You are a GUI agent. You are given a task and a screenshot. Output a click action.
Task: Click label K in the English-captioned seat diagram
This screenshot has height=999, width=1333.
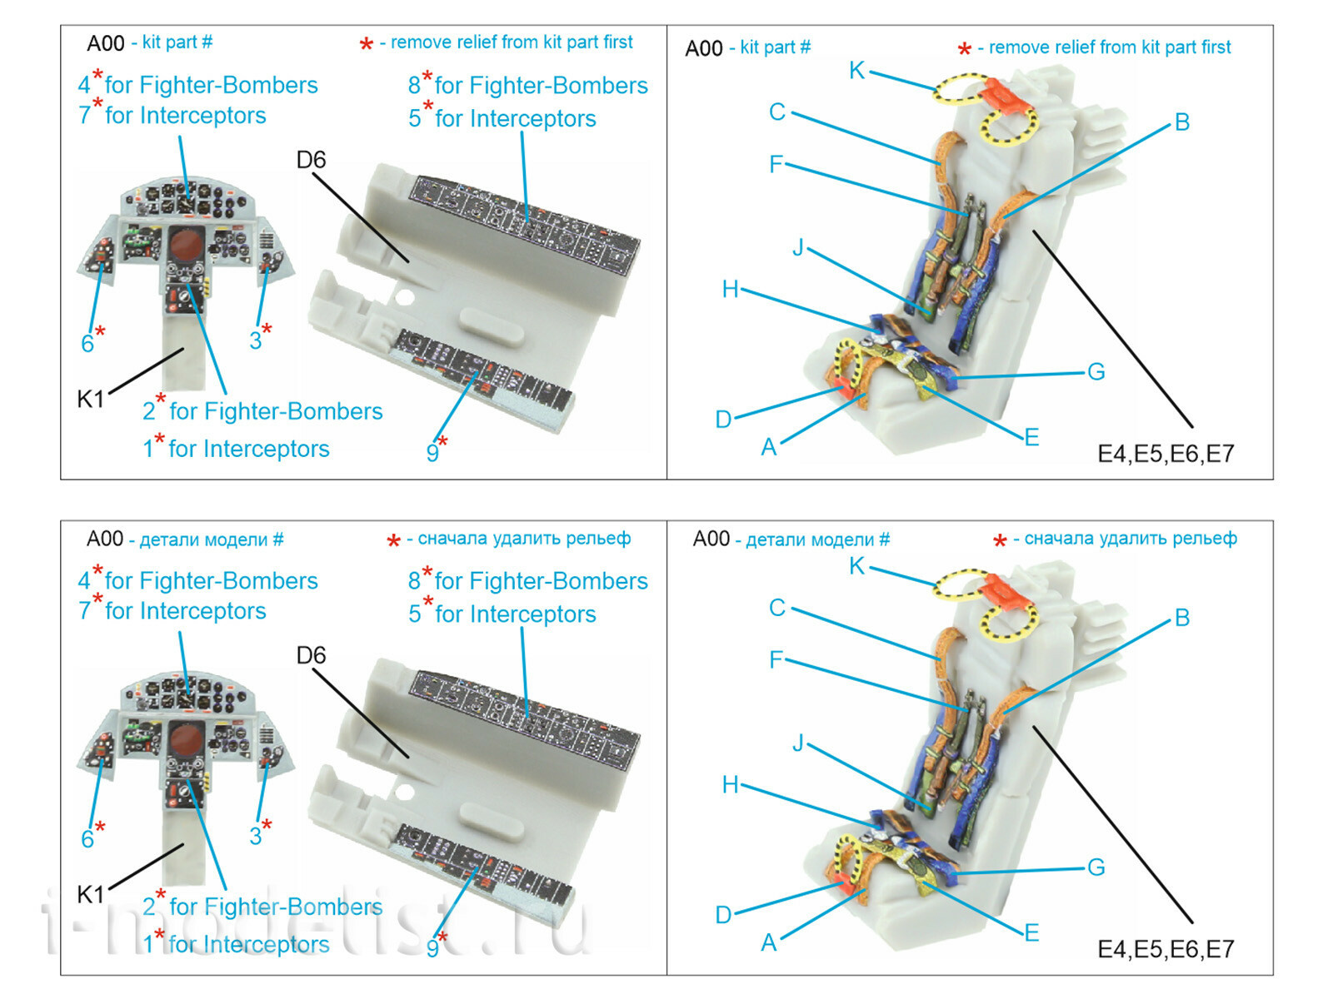tap(856, 71)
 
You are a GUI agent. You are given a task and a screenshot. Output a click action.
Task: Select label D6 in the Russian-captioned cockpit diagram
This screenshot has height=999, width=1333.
tap(311, 656)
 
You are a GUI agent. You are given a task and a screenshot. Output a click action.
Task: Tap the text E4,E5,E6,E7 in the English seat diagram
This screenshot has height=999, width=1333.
tap(1165, 454)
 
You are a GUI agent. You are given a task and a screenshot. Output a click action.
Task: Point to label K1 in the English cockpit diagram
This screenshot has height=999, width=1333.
tap(91, 400)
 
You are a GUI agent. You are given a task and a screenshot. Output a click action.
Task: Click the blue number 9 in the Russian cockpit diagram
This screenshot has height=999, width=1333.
tap(432, 948)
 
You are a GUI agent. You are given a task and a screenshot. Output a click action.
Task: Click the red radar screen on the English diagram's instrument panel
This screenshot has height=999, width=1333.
tap(187, 244)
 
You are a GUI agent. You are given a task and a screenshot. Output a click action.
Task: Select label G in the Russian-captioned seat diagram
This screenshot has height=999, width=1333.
tap(1096, 867)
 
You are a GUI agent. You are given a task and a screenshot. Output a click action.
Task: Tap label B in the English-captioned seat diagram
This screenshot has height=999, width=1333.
tap(1181, 122)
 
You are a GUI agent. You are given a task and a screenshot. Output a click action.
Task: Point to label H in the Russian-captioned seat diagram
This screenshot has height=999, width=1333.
tap(730, 785)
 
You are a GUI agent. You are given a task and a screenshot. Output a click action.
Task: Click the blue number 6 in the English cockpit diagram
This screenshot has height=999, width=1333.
tap(87, 344)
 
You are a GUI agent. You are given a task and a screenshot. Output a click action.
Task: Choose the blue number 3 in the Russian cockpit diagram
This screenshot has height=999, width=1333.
tap(256, 836)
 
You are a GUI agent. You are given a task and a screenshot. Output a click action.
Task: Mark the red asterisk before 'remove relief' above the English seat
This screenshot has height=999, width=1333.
tap(964, 50)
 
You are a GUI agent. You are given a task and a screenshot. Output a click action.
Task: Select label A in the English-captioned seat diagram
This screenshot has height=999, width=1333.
tap(768, 448)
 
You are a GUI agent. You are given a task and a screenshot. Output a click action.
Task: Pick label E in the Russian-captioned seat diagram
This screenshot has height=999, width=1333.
tap(1031, 933)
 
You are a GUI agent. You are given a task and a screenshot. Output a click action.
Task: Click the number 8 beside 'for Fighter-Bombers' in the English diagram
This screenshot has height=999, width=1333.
tap(414, 86)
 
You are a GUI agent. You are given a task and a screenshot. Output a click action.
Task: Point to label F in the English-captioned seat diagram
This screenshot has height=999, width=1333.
tap(776, 164)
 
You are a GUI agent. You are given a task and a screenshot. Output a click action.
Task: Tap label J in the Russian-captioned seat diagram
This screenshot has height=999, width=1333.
tap(798, 743)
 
